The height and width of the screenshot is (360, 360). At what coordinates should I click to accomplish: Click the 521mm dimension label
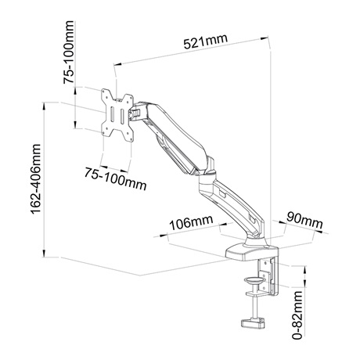[205, 41]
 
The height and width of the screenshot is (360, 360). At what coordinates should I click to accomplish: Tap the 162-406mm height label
[36, 179]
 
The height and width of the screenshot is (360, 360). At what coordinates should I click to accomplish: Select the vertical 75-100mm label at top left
[69, 52]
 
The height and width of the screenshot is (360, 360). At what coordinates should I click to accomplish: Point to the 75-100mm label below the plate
[115, 178]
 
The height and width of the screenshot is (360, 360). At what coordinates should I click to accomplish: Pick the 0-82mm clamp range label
[297, 315]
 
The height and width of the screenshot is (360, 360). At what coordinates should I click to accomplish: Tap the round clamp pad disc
[254, 281]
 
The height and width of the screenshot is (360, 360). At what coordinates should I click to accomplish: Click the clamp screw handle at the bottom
[253, 323]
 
